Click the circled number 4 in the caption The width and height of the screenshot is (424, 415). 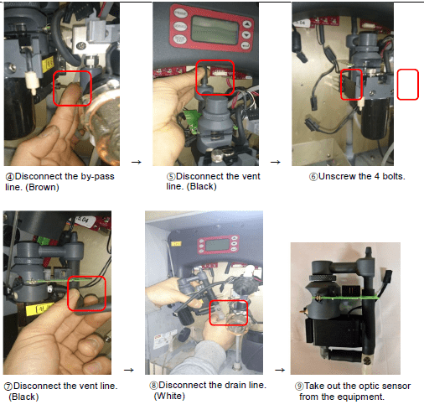pyautogui.click(x=10, y=177)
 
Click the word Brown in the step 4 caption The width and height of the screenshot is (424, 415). pyautogui.click(x=42, y=187)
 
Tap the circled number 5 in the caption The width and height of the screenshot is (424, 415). pyautogui.click(x=171, y=177)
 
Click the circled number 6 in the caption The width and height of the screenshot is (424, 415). pyautogui.click(x=313, y=177)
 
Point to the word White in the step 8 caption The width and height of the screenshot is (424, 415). pyautogui.click(x=169, y=396)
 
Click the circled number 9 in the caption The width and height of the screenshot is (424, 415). pyautogui.click(x=299, y=386)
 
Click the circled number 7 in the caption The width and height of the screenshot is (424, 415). pyautogui.click(x=8, y=386)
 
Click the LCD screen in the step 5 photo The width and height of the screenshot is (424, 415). pyautogui.click(x=215, y=30)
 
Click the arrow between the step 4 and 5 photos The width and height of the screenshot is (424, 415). pyautogui.click(x=137, y=162)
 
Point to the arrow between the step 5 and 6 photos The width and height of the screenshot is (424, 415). pyautogui.click(x=276, y=162)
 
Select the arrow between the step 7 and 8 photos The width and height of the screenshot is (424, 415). pyautogui.click(x=129, y=370)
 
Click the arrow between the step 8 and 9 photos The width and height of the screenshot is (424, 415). pyautogui.click(x=280, y=370)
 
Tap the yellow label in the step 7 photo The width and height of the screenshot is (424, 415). pyautogui.click(x=39, y=309)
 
